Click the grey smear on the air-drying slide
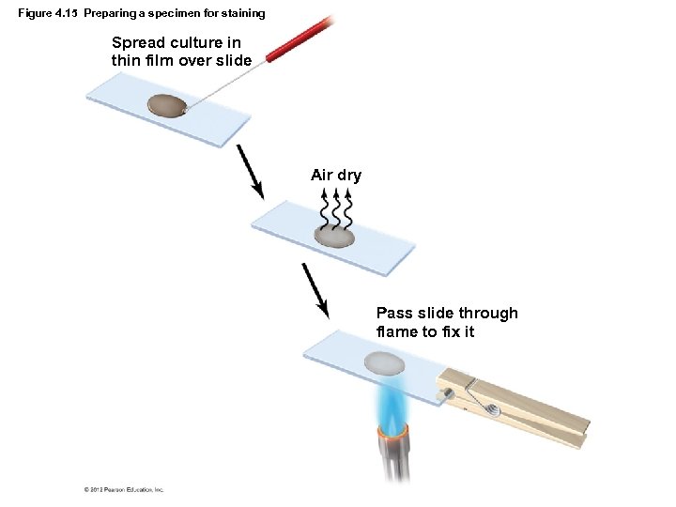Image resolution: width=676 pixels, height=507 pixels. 335,236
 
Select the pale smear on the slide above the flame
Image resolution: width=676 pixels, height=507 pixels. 384,362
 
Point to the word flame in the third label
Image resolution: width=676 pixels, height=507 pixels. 398,331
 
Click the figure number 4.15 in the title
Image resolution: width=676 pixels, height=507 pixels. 66,13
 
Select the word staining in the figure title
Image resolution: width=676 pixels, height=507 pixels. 243,13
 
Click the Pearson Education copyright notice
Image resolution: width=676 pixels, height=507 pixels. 124,489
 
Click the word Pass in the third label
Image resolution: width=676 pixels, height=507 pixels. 394,313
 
